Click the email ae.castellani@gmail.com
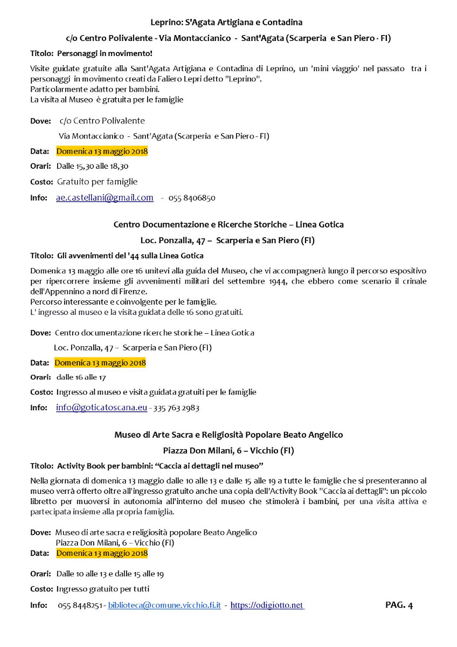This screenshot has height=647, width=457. pyautogui.click(x=105, y=198)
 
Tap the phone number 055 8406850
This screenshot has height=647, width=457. pyautogui.click(x=192, y=198)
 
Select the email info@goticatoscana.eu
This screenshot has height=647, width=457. pyautogui.click(x=101, y=408)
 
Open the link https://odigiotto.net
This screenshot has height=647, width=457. pyautogui.click(x=267, y=605)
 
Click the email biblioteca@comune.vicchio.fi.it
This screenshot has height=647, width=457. pyautogui.click(x=164, y=605)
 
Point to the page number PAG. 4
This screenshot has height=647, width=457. pyautogui.click(x=399, y=605)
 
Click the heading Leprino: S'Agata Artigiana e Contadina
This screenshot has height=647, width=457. pyautogui.click(x=226, y=22)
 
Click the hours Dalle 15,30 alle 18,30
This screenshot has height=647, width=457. pyautogui.click(x=92, y=167)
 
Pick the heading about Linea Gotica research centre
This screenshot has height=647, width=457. pyautogui.click(x=228, y=224)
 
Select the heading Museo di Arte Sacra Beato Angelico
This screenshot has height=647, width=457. pyautogui.click(x=228, y=435)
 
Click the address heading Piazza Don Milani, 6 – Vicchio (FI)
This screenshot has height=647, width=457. pyautogui.click(x=228, y=450)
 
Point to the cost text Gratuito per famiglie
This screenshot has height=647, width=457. pyautogui.click(x=97, y=182)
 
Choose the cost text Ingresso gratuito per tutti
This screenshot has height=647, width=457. pyautogui.click(x=102, y=589)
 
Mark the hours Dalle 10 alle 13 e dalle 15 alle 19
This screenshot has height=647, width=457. pyautogui.click(x=110, y=574)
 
